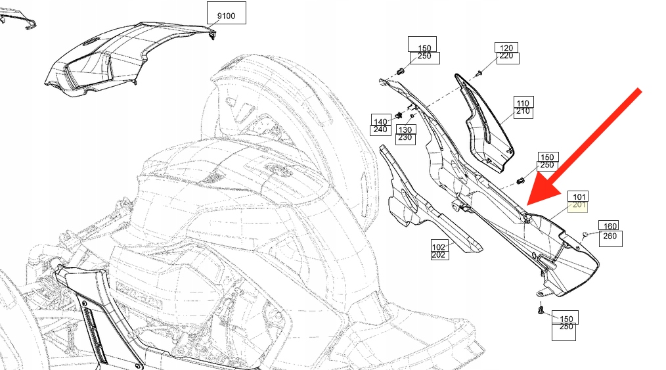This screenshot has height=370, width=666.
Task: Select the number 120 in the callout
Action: [x=506, y=48]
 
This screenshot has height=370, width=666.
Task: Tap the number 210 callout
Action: [x=523, y=112]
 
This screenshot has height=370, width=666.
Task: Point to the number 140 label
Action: [x=380, y=122]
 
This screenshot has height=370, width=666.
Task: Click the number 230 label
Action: [x=405, y=137]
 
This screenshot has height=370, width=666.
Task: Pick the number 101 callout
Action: [x=579, y=197]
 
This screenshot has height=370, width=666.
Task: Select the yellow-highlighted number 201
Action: [x=579, y=205]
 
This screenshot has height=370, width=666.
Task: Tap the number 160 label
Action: [x=610, y=226]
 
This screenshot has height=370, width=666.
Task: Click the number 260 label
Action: [x=610, y=236]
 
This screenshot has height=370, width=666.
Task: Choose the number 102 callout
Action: [x=439, y=246]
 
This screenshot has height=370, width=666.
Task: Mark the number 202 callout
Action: [x=439, y=255]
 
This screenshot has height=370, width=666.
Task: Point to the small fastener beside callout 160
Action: [x=585, y=234]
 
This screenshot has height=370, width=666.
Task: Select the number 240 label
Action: [x=380, y=130]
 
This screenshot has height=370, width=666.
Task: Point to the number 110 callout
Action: [x=523, y=103]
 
